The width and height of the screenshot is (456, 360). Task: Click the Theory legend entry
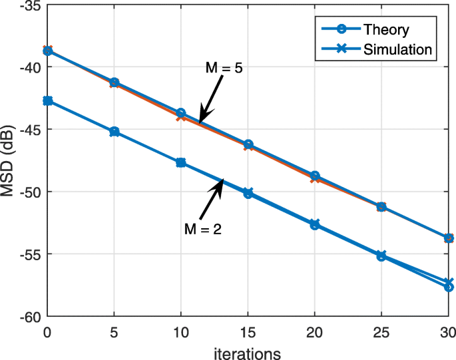(x=386, y=29)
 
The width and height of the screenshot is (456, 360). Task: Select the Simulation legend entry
(x=397, y=49)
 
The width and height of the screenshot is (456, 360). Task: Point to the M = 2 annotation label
(x=202, y=229)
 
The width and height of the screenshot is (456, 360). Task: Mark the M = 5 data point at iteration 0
(x=47, y=51)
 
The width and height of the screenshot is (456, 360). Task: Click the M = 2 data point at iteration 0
(x=47, y=100)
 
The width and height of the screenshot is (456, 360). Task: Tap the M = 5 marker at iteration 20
(x=315, y=176)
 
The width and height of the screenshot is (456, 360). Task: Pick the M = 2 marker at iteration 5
(x=114, y=132)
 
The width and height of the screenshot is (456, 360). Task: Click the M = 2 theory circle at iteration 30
(x=449, y=287)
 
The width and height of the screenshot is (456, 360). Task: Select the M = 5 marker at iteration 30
(x=449, y=238)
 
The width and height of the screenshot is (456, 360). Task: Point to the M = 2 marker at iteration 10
(x=180, y=162)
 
